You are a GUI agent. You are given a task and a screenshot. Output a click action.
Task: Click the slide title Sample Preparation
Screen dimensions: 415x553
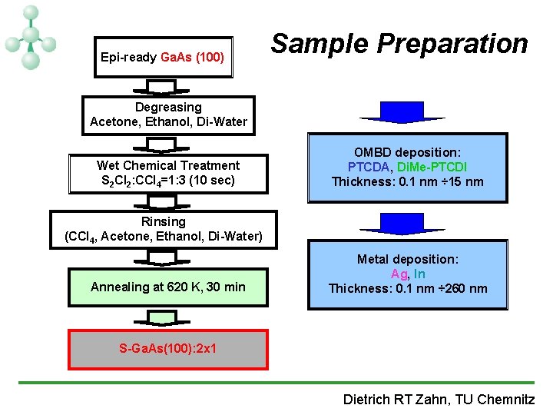(x=399, y=44)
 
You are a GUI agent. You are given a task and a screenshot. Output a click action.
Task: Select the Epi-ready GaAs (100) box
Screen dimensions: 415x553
(x=163, y=57)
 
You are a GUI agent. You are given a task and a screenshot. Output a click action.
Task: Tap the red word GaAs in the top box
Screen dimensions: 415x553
(x=176, y=57)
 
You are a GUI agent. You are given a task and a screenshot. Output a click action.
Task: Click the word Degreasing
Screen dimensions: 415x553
(x=168, y=107)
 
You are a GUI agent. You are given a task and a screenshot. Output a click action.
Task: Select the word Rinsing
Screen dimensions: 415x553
(x=163, y=221)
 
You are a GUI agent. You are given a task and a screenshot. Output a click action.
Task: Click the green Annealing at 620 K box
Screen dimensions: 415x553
(x=168, y=287)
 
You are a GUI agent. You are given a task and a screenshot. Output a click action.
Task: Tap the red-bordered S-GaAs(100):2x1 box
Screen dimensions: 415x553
(x=168, y=348)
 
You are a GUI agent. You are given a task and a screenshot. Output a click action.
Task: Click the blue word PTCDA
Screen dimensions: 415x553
(x=371, y=167)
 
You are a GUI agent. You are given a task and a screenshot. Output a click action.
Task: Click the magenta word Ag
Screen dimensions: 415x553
(x=399, y=274)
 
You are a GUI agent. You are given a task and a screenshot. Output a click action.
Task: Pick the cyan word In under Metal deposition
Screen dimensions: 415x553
(x=419, y=274)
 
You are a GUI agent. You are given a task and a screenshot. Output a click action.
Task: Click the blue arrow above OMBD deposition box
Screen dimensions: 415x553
(x=392, y=113)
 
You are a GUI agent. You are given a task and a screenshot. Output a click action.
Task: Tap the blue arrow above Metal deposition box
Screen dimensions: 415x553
(x=392, y=223)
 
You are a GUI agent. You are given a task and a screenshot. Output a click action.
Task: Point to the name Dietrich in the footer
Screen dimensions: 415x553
(x=368, y=399)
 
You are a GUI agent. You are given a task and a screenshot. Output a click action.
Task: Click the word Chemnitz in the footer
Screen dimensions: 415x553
(x=506, y=399)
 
